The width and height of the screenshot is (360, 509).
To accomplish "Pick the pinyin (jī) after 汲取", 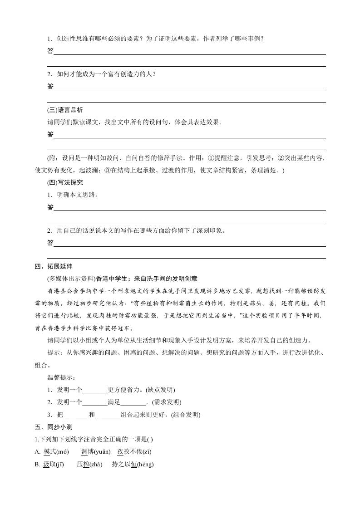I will click(x=58, y=465).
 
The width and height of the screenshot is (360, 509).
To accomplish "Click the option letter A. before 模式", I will click(x=38, y=451).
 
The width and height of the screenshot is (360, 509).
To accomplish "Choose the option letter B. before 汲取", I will click(x=38, y=465).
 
